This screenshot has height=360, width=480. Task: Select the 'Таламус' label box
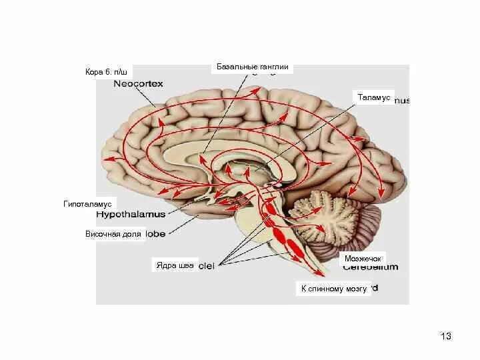point(373,97)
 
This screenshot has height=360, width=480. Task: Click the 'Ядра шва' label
point(175,265)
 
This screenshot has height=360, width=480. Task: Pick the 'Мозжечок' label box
point(362,257)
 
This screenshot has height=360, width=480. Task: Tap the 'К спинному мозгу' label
point(333,289)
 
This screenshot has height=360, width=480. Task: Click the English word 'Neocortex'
point(138,84)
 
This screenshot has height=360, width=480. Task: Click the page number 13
point(446,336)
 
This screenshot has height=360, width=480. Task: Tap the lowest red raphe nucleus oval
point(294,249)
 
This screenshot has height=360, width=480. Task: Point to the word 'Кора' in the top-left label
point(93,72)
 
